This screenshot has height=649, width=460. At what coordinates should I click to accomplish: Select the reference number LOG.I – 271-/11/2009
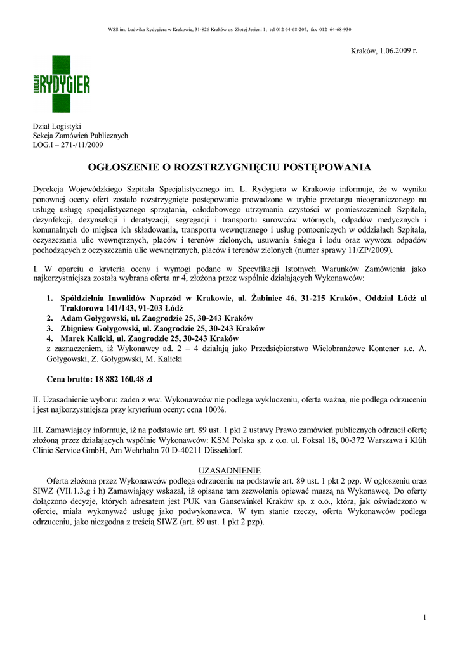68,145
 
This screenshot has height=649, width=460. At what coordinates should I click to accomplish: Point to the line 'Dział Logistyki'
57,126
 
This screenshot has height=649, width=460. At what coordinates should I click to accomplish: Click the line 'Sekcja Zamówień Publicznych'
81,136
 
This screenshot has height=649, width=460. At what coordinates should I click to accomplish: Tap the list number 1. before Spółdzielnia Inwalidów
50,298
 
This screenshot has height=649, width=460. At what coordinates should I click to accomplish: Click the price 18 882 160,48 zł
123,380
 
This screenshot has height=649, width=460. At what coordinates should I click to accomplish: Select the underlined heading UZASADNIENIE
230,471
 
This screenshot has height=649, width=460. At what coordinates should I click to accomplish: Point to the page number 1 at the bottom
424,617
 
